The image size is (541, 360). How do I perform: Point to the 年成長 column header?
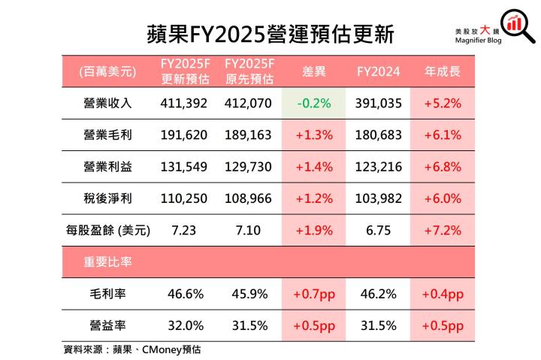[443, 72]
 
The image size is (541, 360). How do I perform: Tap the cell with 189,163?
[248, 135]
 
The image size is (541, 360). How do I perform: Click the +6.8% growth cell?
[443, 167]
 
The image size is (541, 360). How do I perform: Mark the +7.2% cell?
[443, 230]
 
